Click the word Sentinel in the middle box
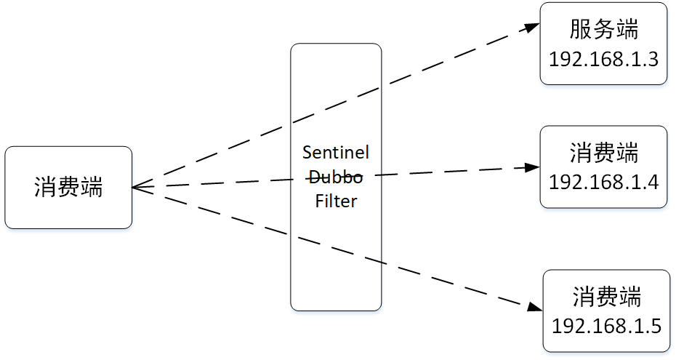point(336,153)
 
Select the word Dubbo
point(336,177)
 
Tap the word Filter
point(336,201)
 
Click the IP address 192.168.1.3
point(603,59)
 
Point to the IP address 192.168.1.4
point(603,182)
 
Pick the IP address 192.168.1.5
point(606,326)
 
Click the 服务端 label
point(603,31)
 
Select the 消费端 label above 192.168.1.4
point(603,153)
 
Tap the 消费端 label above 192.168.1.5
point(606,297)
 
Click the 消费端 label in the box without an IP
point(68,188)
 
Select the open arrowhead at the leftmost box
point(138,187)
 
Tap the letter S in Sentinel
point(307,153)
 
